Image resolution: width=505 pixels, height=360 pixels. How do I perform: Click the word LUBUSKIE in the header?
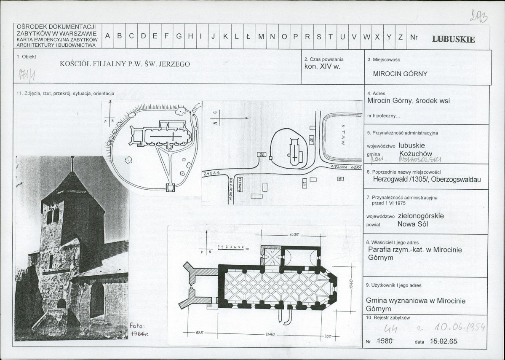[453, 40]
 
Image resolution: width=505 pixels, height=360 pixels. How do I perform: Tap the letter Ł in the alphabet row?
[248, 36]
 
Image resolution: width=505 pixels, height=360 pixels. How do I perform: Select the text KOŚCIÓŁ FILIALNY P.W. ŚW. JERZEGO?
[125, 64]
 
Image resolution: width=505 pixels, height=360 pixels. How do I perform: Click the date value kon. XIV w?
[322, 67]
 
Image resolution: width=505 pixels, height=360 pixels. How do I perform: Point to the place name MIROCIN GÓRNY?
[400, 74]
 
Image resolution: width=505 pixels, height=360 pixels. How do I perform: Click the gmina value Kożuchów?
[415, 153]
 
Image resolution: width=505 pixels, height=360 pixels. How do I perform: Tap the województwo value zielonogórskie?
[420, 216]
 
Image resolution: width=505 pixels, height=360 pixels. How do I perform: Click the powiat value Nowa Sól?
[412, 224]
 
